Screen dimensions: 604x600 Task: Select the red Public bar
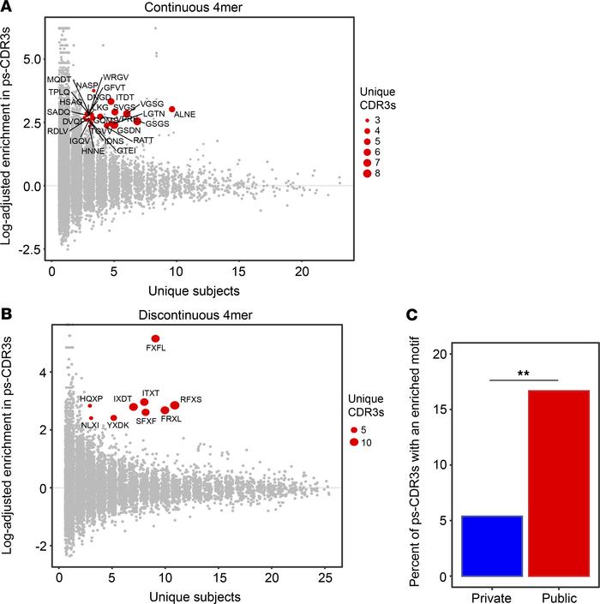tap(558, 483)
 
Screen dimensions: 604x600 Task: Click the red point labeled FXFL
tap(156, 338)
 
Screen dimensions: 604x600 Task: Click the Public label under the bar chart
tap(558, 594)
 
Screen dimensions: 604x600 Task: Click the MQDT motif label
tap(59, 80)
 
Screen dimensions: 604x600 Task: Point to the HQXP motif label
tap(91, 398)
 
